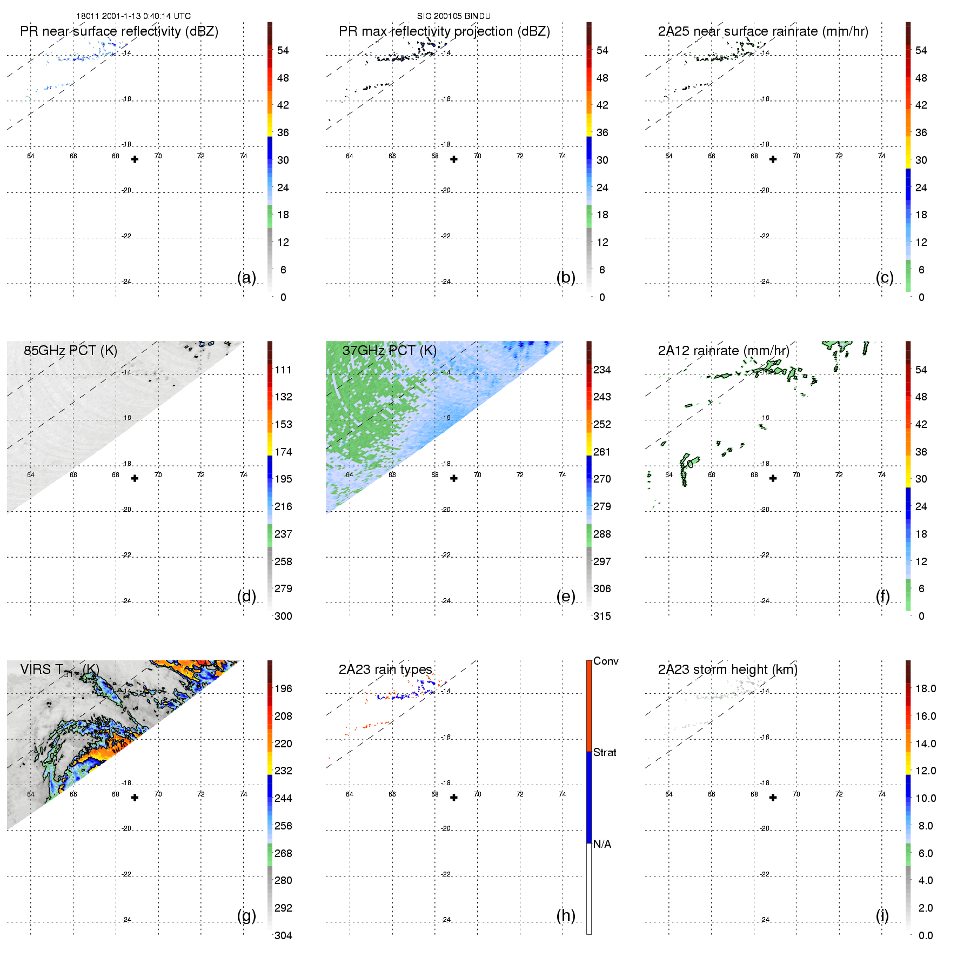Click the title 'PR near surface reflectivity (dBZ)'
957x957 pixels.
[119, 31]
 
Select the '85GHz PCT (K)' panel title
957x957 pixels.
[70, 351]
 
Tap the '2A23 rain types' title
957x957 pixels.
[385, 670]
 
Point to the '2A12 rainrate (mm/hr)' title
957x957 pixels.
[724, 351]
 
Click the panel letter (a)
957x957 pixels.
[246, 277]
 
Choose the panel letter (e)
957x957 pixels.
[566, 596]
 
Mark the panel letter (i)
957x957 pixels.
[882, 915]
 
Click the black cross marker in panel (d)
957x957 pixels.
[135, 478]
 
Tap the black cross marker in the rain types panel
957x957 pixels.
[454, 798]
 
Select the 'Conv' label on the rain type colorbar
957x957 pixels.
[606, 661]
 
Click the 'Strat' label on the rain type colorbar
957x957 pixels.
[605, 752]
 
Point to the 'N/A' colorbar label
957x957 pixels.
[602, 844]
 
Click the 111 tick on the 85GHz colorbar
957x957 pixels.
[283, 370]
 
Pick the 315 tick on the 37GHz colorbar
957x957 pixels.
[602, 616]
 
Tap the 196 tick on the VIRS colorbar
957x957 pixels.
[283, 688]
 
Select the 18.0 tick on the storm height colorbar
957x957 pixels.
[925, 688]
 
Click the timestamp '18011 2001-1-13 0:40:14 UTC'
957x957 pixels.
[133, 16]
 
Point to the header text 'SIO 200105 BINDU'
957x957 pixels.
[454, 16]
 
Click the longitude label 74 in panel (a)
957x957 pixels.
[244, 156]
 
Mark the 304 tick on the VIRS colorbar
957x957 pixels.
[283, 935]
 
